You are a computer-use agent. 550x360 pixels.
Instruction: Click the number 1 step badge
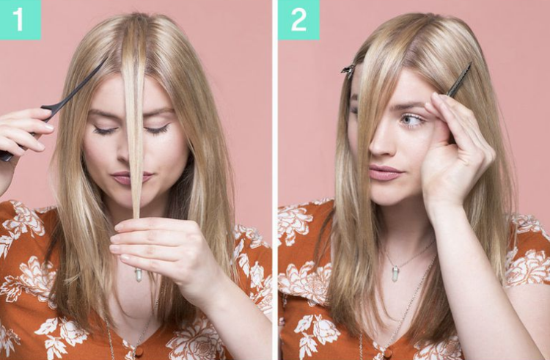[20, 20]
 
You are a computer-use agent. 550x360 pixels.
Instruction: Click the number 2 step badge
[298, 20]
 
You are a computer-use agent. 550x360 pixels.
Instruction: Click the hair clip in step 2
[348, 71]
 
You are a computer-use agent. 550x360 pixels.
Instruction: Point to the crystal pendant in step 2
[396, 274]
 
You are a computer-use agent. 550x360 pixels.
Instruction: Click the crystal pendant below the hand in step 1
[139, 275]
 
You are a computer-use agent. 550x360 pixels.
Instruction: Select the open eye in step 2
[413, 120]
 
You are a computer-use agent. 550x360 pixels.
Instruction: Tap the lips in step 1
[131, 177]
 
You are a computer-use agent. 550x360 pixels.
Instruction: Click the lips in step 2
[385, 172]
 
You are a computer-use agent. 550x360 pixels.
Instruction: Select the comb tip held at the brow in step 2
[459, 80]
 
